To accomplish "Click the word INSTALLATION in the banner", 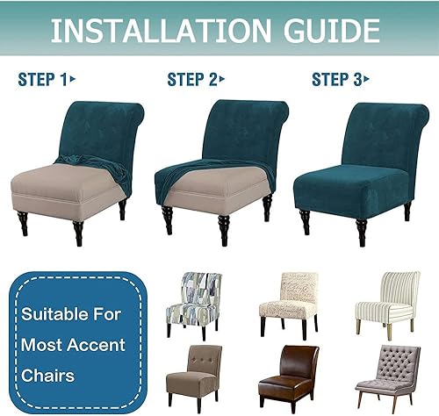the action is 161,31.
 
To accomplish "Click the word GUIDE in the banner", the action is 332,31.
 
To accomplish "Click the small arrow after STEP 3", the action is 366,79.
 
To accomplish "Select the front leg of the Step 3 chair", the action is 362,232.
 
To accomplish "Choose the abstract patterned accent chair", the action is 194,305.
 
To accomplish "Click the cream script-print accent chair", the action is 289,305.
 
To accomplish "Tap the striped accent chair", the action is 388,305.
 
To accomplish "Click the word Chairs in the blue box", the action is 47,376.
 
